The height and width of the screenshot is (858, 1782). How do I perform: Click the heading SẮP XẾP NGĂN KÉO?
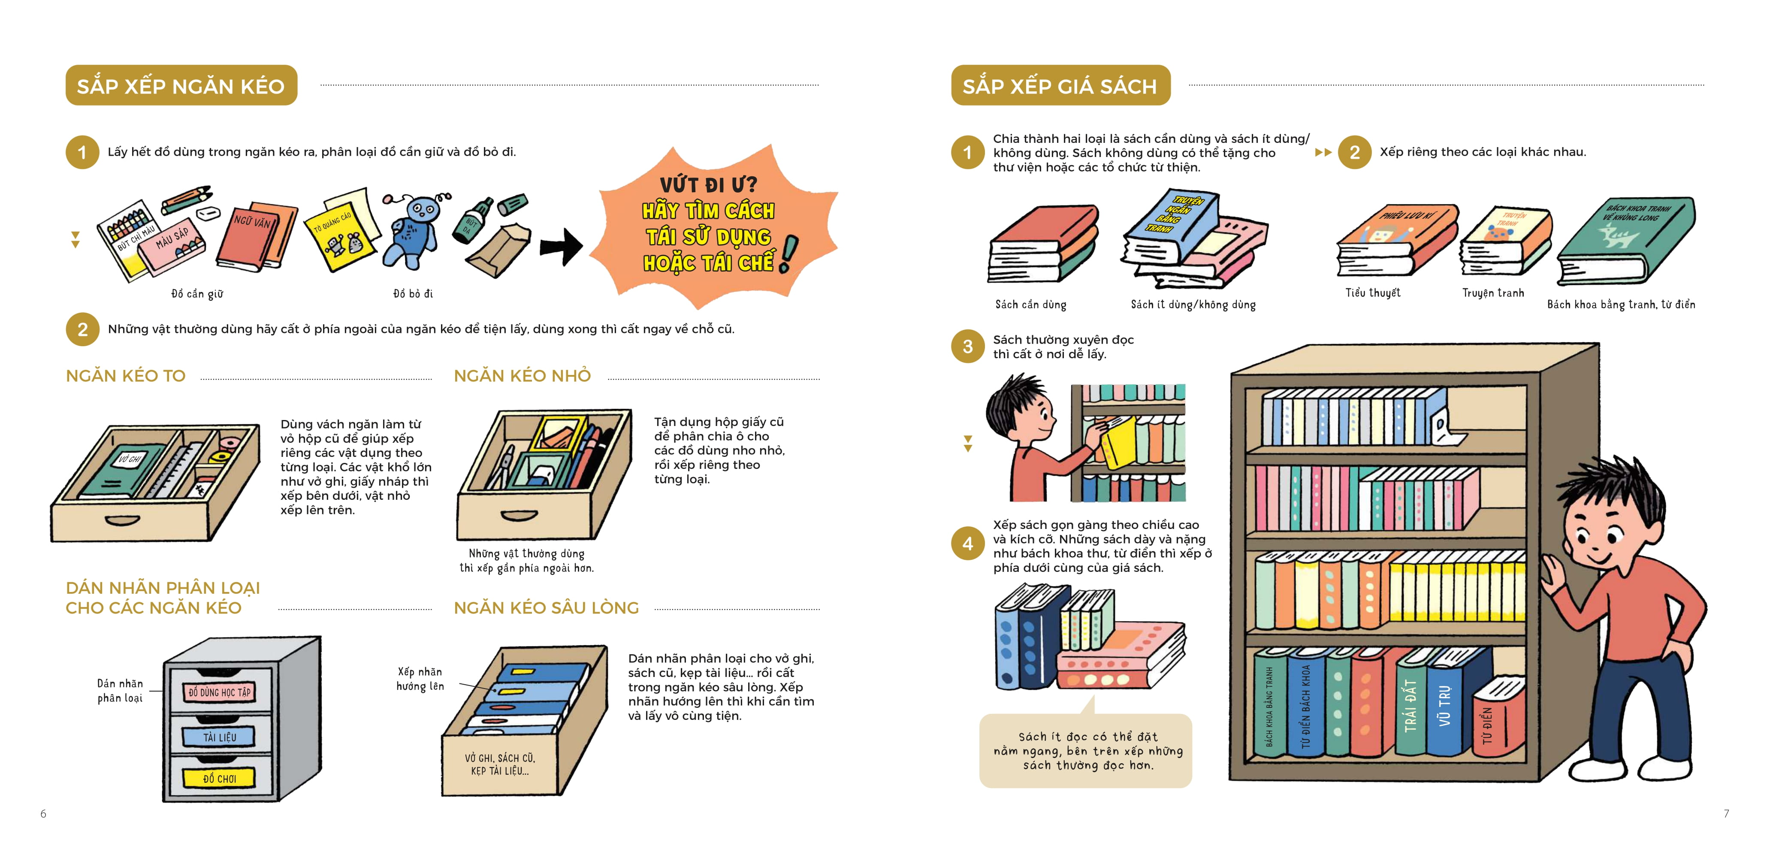(x=181, y=86)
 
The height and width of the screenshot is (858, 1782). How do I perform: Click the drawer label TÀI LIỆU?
(x=219, y=737)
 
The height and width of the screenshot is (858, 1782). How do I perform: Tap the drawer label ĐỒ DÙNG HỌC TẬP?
(x=219, y=692)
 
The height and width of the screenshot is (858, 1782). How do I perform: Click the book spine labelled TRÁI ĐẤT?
(x=1411, y=706)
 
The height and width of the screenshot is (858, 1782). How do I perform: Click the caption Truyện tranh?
(x=1493, y=293)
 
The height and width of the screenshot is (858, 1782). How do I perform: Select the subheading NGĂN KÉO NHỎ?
(x=522, y=376)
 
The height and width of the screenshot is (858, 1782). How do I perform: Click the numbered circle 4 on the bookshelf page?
(x=968, y=544)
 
